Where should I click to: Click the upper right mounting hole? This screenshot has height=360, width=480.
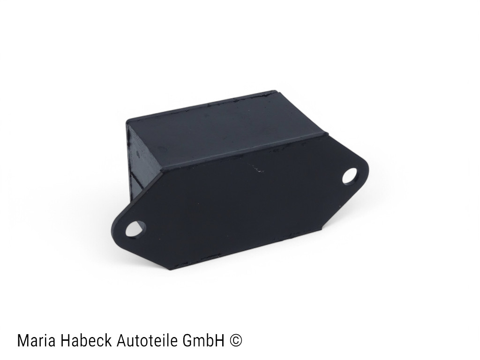coord(350,177)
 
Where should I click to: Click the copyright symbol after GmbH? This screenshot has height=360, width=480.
coord(236,340)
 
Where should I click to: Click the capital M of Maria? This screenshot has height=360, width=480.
coord(22,340)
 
